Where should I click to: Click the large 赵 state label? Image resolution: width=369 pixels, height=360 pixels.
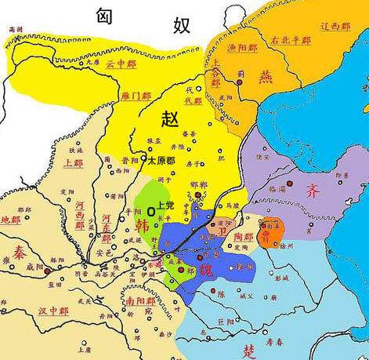click(x=170, y=119)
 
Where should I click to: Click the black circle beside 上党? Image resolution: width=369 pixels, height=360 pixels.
click(x=150, y=211)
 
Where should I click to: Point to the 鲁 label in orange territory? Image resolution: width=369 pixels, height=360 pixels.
click(x=271, y=234)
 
